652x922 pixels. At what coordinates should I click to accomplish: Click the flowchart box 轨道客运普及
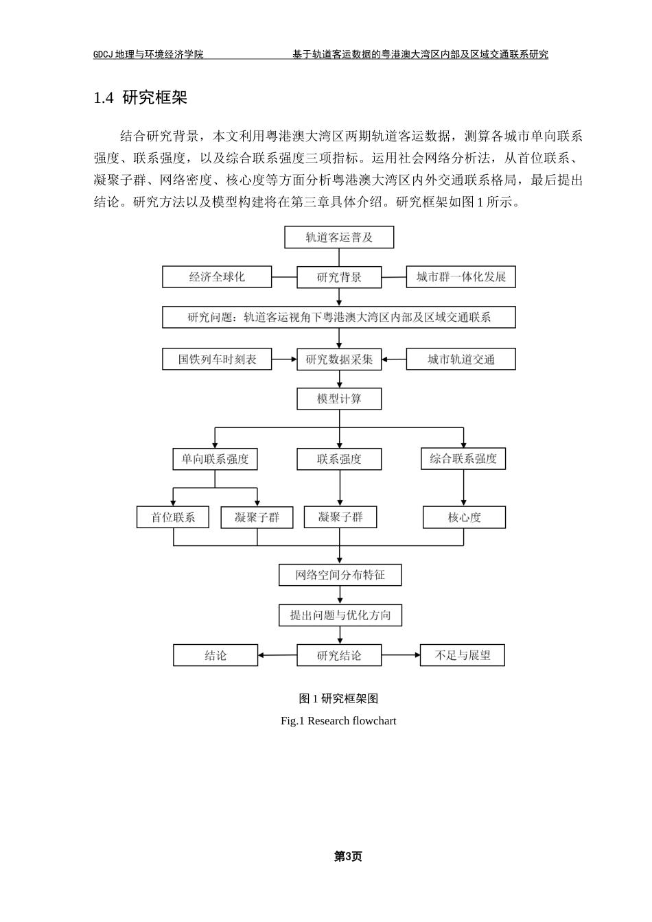tap(339, 237)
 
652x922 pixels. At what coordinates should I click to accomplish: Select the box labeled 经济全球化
tap(217, 277)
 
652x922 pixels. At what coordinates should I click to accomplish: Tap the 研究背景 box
tap(339, 277)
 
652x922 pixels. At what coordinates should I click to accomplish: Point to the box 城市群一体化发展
tap(461, 277)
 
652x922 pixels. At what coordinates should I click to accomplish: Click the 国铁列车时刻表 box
tap(217, 359)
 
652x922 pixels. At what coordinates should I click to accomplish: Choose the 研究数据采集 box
tap(339, 359)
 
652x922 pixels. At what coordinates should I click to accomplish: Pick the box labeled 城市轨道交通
tap(461, 359)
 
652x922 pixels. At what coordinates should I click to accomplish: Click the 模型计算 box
tap(339, 399)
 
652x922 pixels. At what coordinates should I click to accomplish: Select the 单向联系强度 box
tap(215, 459)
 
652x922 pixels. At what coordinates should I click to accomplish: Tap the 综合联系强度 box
tap(463, 458)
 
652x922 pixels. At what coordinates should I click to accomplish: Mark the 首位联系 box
tap(174, 517)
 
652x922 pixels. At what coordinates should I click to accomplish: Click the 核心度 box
tap(464, 517)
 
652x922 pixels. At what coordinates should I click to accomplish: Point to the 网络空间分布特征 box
tap(340, 575)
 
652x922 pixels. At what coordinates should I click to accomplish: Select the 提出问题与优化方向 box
tap(340, 615)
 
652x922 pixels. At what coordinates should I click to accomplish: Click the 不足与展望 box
tap(463, 655)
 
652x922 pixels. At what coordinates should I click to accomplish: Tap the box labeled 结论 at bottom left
tap(216, 655)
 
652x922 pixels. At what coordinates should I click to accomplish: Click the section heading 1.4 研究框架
tap(141, 97)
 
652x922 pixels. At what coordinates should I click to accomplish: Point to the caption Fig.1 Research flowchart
tap(338, 721)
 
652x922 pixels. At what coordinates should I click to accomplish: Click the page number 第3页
tap(347, 856)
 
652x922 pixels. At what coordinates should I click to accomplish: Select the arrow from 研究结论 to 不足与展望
tap(401, 655)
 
